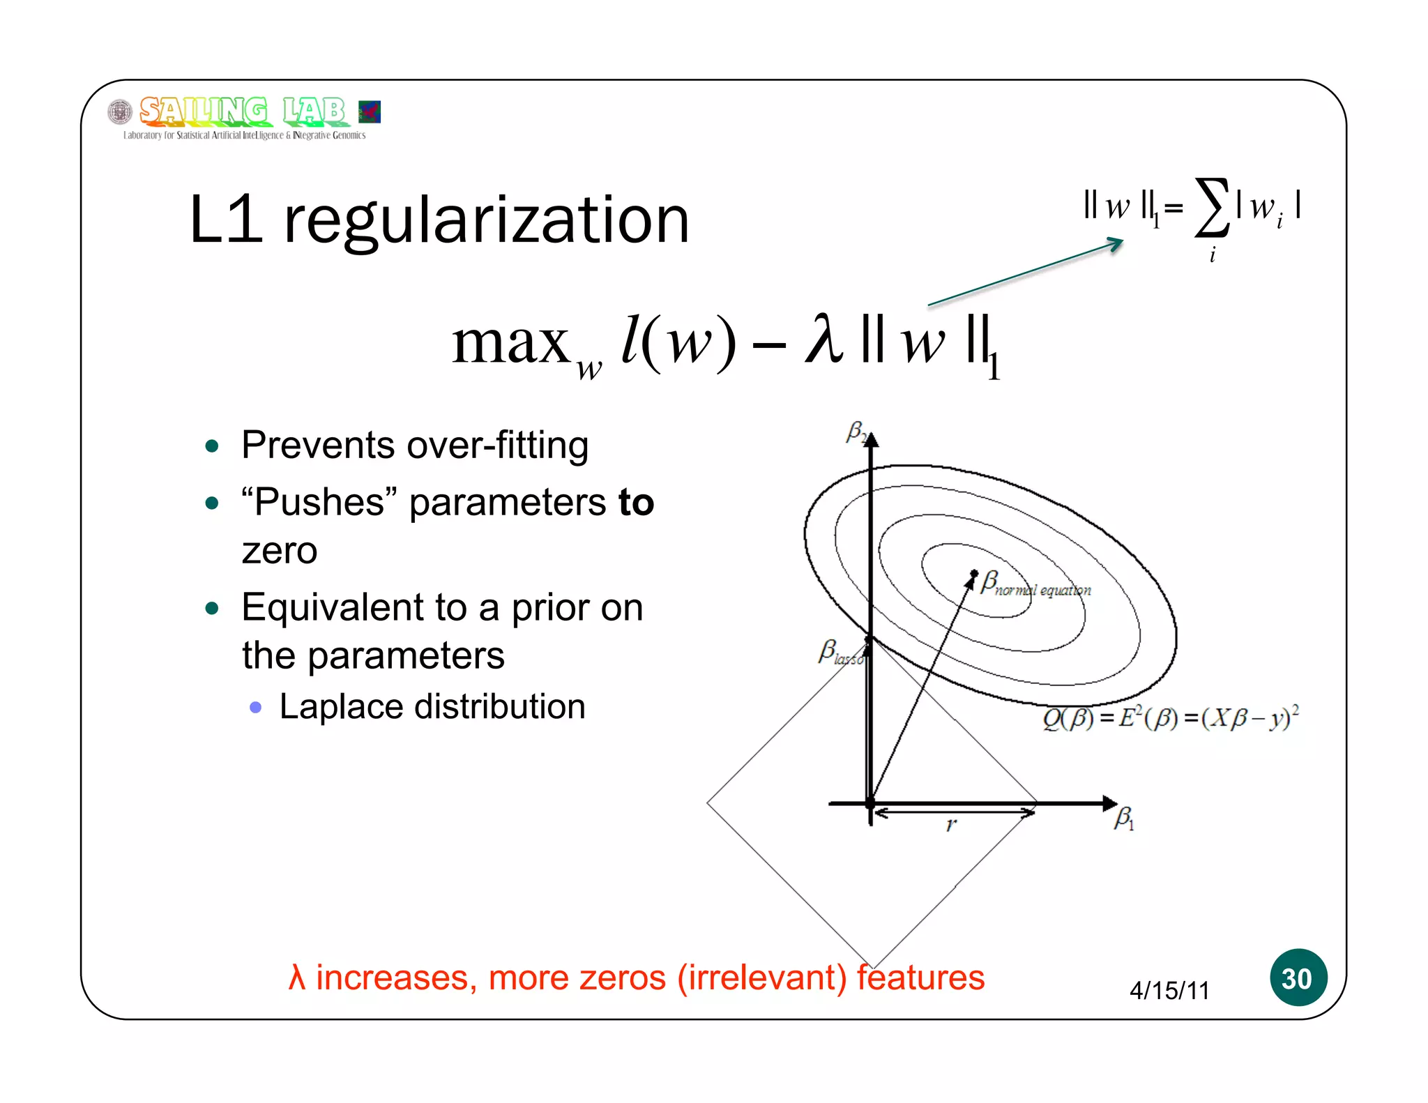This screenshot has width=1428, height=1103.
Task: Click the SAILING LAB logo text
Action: (243, 111)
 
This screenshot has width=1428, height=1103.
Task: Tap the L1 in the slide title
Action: (225, 220)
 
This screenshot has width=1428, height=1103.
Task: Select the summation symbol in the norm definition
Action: (1211, 207)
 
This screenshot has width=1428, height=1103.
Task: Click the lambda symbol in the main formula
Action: (823, 340)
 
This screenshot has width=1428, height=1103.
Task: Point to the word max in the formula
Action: (510, 342)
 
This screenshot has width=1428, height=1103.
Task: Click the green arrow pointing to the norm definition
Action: (1025, 272)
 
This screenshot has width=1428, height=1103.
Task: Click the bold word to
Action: (636, 502)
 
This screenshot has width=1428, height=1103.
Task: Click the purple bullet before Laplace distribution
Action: (256, 708)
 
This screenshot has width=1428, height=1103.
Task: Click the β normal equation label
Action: (1034, 584)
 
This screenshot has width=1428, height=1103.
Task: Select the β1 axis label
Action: (1123, 818)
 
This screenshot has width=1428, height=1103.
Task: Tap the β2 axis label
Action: (856, 432)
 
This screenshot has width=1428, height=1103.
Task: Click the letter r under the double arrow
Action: (951, 826)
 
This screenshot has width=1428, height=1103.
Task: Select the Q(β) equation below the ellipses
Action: (1170, 718)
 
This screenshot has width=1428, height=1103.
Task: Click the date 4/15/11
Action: (1169, 990)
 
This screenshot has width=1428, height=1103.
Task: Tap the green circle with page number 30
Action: (1297, 978)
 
